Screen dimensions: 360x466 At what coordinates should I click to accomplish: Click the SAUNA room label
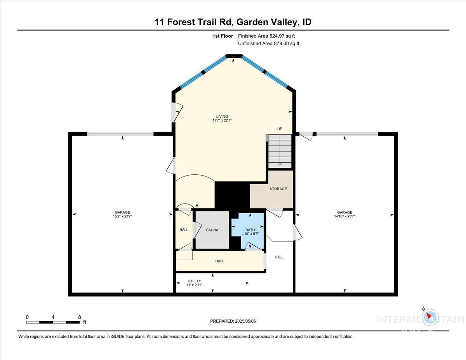click(x=212, y=230)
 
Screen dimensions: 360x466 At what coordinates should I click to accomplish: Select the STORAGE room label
click(x=278, y=189)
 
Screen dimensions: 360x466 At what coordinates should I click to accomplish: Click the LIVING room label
click(x=222, y=117)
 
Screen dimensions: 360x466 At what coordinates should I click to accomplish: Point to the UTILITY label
click(x=194, y=281)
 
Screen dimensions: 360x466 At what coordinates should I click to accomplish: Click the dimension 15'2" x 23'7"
click(x=122, y=217)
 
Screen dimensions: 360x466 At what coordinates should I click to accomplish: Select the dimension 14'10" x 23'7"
click(x=344, y=217)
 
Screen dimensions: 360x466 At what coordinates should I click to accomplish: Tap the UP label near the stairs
click(x=280, y=129)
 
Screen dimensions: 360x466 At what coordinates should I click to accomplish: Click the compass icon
click(x=429, y=317)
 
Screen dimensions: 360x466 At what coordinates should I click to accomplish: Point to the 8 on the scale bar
click(x=79, y=317)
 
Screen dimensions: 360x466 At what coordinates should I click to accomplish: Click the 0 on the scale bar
click(x=27, y=317)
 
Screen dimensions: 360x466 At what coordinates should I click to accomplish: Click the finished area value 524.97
click(x=280, y=36)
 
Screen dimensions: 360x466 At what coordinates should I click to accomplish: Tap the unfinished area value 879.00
click(x=282, y=43)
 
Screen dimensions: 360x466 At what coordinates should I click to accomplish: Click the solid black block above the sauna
click(x=232, y=195)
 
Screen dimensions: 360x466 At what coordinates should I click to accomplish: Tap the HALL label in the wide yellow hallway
click(x=220, y=261)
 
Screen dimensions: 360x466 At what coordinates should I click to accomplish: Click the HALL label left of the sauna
click(x=184, y=230)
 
